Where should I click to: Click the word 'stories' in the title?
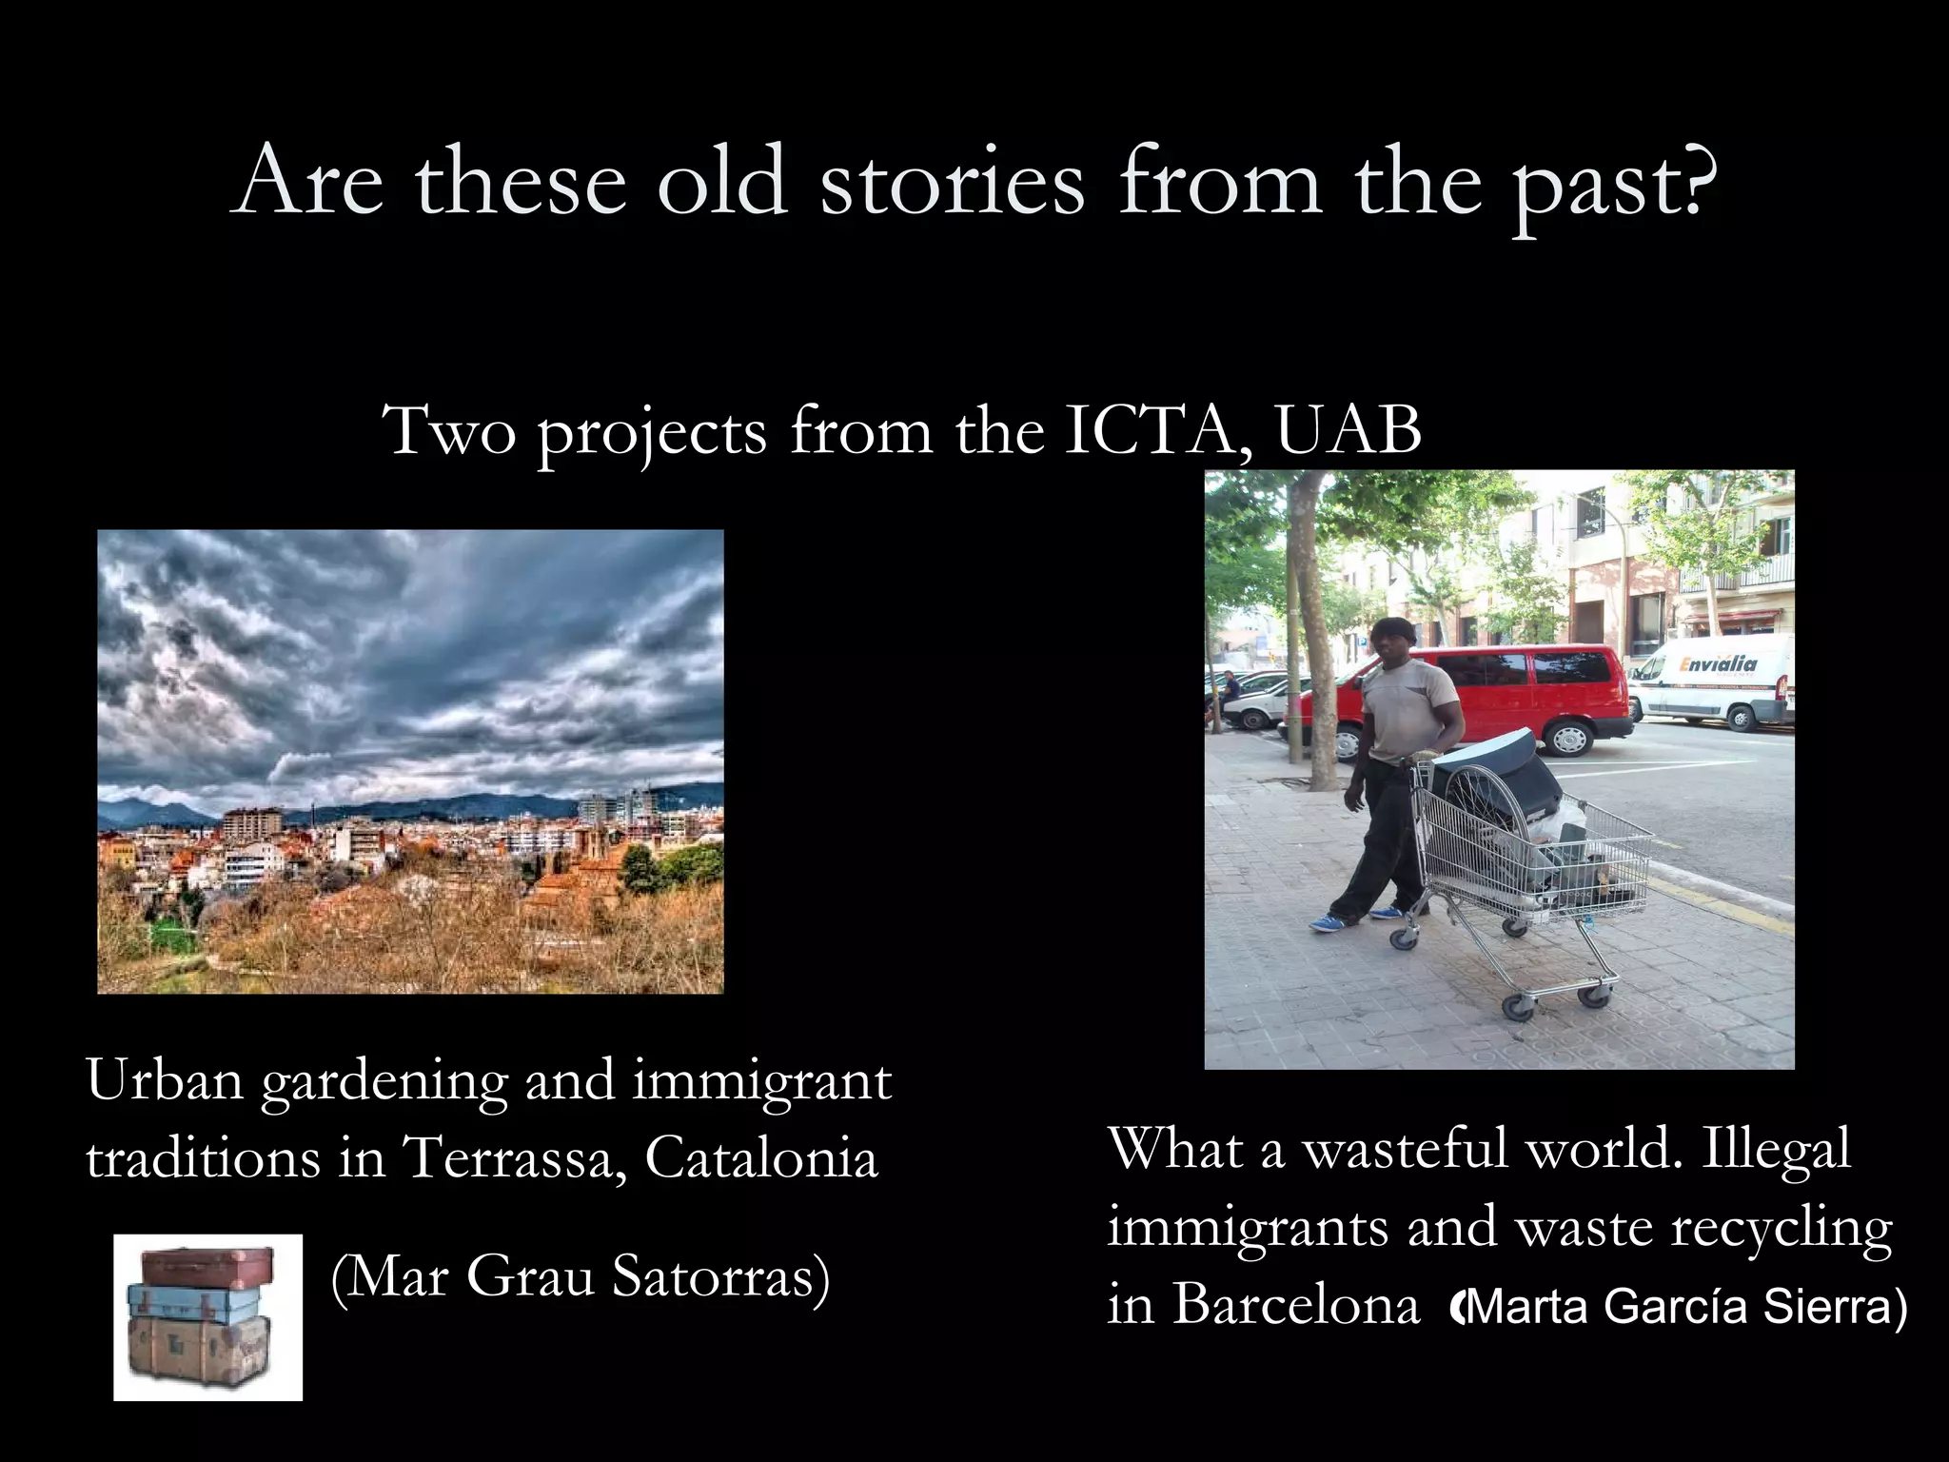952,181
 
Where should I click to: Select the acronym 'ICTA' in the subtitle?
1155,430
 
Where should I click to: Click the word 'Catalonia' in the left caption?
761,1157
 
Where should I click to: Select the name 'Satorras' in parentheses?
721,1277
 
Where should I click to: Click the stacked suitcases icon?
207,1317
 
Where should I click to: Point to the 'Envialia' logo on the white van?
1718,665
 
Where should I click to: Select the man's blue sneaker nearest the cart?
1386,914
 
